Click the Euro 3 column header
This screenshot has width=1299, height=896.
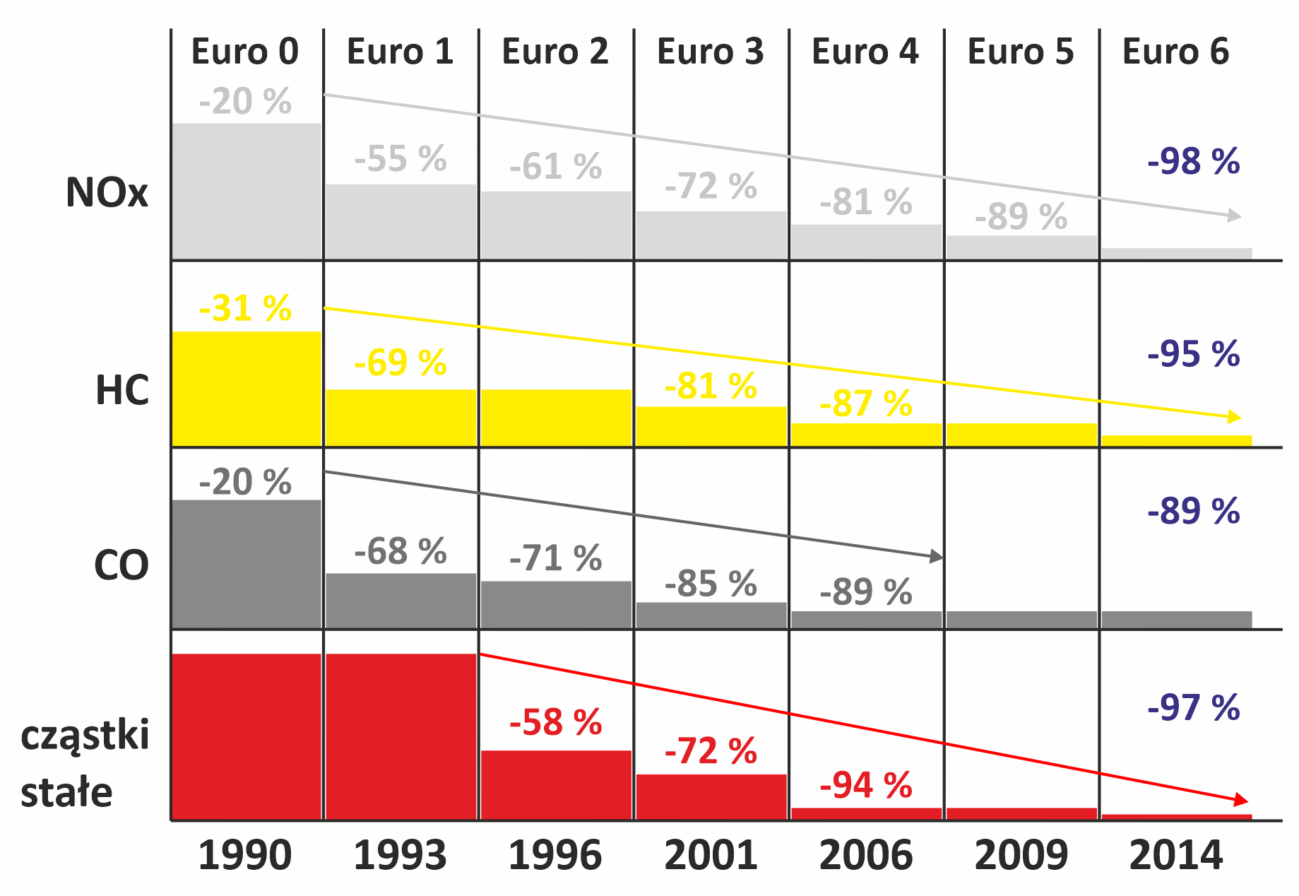[x=710, y=52]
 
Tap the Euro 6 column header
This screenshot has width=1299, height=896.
[x=1175, y=52]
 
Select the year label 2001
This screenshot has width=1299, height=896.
[x=710, y=855]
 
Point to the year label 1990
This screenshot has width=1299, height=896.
[x=244, y=855]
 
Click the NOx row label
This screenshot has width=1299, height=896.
[x=107, y=192]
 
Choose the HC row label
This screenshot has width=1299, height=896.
[x=121, y=390]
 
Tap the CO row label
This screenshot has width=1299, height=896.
[x=121, y=565]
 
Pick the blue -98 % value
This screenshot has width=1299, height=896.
[x=1193, y=162]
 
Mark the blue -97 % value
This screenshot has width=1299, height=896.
[x=1193, y=707]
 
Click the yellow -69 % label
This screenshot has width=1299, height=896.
[x=400, y=362]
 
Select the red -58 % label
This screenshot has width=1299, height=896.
[x=555, y=722]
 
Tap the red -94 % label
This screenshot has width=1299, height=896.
[x=865, y=785]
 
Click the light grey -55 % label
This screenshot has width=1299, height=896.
[x=400, y=159]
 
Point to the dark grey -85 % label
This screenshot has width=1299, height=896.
[x=710, y=584]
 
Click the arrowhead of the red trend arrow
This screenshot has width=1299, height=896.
[x=1241, y=801]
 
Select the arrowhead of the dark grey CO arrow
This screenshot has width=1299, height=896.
[x=937, y=557]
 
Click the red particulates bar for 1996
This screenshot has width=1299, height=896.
[x=556, y=784]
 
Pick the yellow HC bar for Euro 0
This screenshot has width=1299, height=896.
[x=246, y=389]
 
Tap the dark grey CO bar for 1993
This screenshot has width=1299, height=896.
[x=401, y=601]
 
